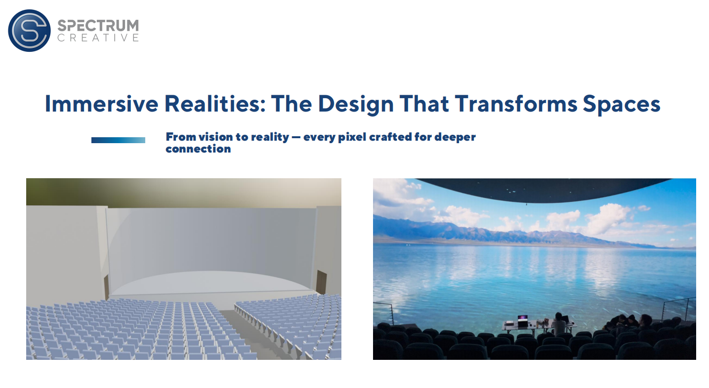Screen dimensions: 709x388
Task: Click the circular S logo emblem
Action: pos(30,30)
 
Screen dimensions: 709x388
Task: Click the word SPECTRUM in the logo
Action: pos(98,26)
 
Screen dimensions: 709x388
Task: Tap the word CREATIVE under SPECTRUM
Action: pos(98,38)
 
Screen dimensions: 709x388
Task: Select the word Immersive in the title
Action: pos(101,104)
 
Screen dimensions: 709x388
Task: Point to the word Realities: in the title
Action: pos(215,104)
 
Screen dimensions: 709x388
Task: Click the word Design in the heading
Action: pos(355,104)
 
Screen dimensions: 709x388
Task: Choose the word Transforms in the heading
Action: pos(516,104)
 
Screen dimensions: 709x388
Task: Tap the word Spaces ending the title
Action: pos(622,104)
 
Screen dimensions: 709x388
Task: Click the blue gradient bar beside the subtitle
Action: pos(119,140)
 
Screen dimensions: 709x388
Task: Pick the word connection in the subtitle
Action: pos(199,149)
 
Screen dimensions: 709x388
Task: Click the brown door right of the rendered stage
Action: pos(321,282)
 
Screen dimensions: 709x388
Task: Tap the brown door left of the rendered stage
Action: pos(106,286)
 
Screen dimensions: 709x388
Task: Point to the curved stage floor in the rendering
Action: pos(210,283)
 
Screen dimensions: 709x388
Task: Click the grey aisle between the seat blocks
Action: pos(250,332)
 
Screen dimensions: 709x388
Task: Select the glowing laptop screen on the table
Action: pos(523,317)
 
